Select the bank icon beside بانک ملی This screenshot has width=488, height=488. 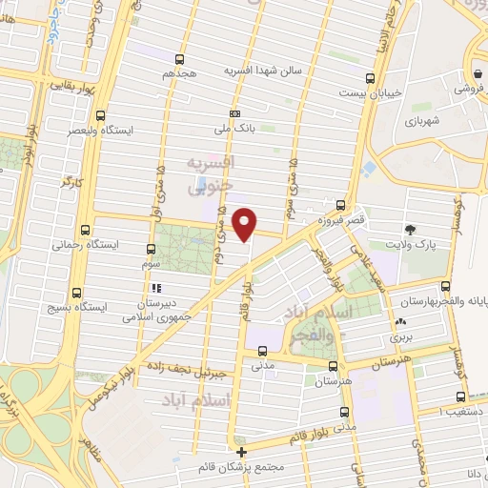[234, 112]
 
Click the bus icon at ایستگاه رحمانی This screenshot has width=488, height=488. [85, 229]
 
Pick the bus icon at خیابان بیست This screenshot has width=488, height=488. [382, 79]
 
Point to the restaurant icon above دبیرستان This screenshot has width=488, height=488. [153, 287]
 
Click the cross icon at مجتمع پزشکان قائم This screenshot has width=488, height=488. [242, 452]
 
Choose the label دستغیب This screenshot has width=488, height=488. [467, 411]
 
